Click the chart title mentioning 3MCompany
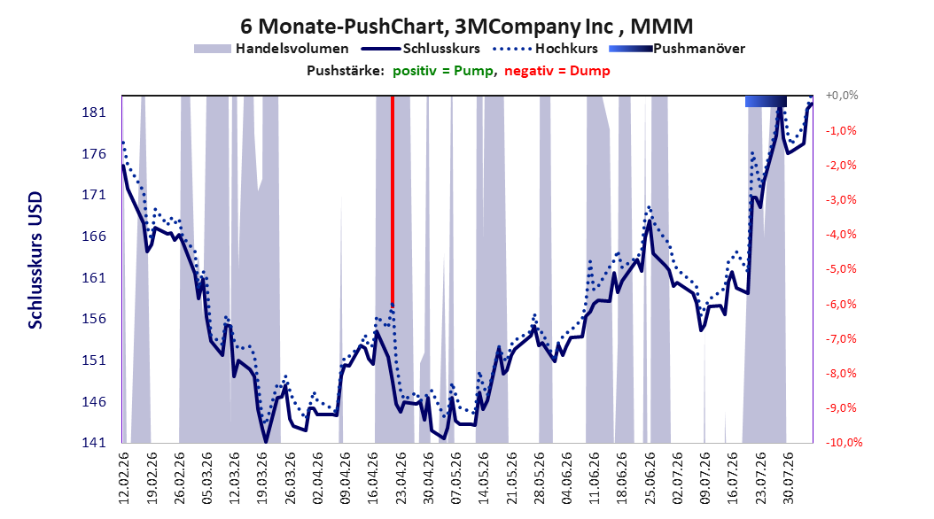(x=466, y=27)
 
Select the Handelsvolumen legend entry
(x=271, y=49)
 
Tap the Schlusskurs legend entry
(x=421, y=49)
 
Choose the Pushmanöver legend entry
(x=677, y=49)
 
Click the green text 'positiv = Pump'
(x=443, y=71)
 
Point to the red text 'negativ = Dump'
(x=557, y=71)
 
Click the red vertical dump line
(x=393, y=200)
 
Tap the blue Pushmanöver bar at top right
(x=766, y=101)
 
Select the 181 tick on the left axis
(x=94, y=112)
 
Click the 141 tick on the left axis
(x=94, y=443)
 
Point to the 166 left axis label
(x=94, y=236)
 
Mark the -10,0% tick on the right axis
(x=844, y=442)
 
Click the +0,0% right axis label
(x=842, y=96)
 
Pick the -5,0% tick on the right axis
(x=841, y=269)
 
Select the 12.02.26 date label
(x=124, y=478)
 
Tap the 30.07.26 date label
(x=788, y=478)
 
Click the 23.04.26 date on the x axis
(x=401, y=478)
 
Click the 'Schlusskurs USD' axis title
(x=35, y=260)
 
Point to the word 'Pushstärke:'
(x=346, y=71)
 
